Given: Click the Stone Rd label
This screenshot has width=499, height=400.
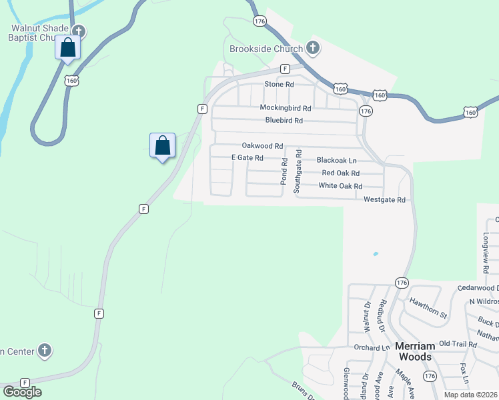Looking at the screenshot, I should (279, 85).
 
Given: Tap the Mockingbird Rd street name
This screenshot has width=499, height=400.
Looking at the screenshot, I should (286, 108).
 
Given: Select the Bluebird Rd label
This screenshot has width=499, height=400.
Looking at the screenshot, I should (284, 121).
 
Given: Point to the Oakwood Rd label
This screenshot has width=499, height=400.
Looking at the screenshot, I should (262, 146).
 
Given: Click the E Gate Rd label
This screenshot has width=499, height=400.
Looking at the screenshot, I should (247, 158).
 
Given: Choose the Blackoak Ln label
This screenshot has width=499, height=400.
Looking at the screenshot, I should (336, 161).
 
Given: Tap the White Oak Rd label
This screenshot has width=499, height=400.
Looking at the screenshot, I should (340, 186).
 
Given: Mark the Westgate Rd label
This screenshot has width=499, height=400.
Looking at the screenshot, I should (384, 200).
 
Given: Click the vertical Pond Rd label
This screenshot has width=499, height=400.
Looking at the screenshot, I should (285, 171).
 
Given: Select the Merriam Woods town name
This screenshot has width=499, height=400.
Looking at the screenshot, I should (415, 351).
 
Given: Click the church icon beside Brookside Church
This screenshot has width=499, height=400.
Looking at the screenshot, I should (312, 48).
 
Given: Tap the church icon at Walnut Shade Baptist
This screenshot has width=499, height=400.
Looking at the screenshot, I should (79, 31).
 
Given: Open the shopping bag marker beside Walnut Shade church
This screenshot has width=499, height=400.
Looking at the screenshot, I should (67, 48).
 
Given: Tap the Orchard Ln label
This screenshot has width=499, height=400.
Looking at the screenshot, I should (372, 348).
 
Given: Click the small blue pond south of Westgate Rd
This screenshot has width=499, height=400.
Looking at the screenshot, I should (376, 254).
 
